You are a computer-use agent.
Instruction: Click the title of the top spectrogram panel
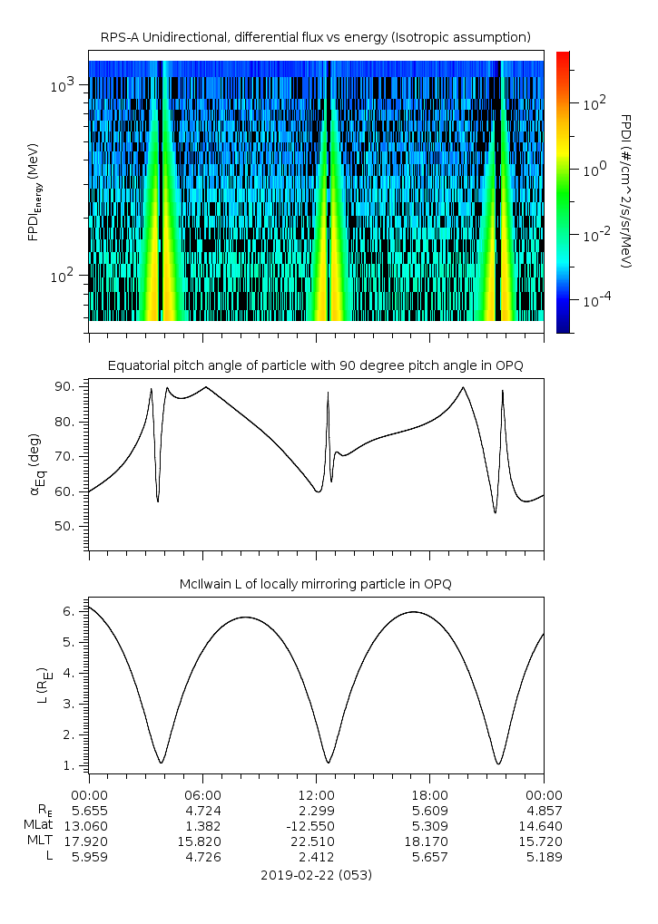(x=316, y=37)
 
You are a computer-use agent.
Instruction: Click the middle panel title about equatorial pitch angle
(x=316, y=365)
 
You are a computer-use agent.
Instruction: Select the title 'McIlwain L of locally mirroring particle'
(x=316, y=584)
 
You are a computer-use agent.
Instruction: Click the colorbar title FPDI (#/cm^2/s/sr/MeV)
(x=626, y=190)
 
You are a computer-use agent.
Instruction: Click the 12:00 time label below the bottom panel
(x=316, y=794)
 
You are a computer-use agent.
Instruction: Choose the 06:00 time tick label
(x=202, y=794)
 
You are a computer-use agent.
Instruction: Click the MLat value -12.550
(x=316, y=825)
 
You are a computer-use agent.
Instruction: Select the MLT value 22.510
(x=316, y=841)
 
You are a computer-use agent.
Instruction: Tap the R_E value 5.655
(x=89, y=810)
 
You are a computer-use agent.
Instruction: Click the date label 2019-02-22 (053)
(x=316, y=875)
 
